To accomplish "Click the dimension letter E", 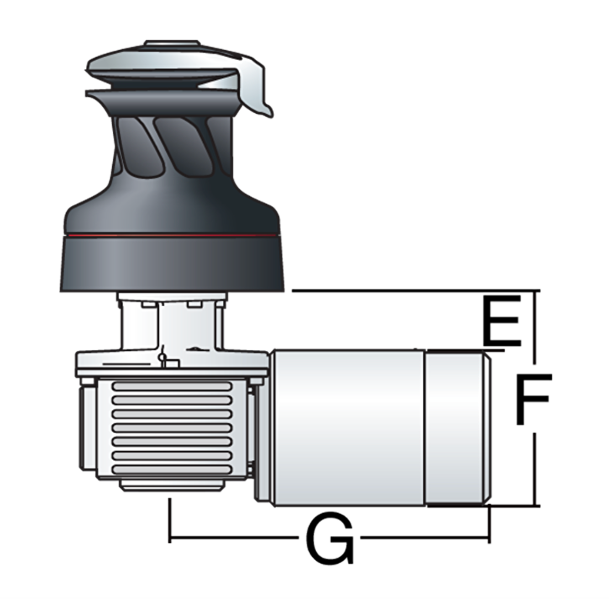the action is [x=501, y=321].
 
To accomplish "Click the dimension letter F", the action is [x=534, y=399].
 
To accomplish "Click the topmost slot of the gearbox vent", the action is [x=172, y=386].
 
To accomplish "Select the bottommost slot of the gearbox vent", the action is [x=172, y=469].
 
